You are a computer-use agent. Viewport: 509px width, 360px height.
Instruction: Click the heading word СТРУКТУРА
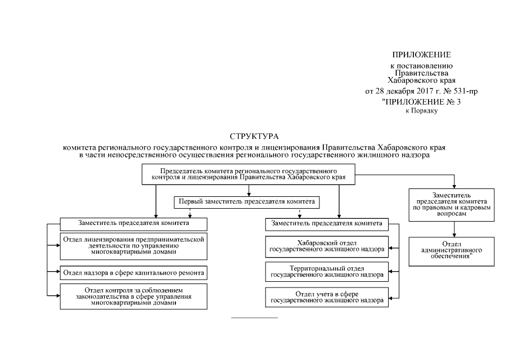[254, 136]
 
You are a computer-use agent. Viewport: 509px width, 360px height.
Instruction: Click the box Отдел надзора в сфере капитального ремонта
[133, 273]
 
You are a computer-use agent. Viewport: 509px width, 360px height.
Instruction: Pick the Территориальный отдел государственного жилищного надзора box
[327, 272]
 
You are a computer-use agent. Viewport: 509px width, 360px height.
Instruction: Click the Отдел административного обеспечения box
[452, 250]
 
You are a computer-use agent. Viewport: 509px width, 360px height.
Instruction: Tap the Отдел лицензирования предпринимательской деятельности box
[133, 245]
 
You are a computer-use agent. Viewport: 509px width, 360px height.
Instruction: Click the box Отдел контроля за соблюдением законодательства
[133, 295]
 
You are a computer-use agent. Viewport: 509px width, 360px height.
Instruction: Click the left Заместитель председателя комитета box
[133, 223]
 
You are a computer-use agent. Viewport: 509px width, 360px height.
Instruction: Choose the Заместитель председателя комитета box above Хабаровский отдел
[327, 223]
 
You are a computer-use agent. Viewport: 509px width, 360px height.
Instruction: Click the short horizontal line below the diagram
[254, 318]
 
